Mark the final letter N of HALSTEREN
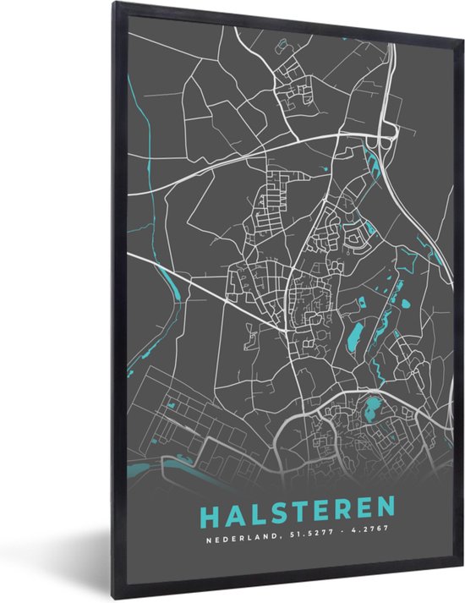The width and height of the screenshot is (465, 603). pos(382,507)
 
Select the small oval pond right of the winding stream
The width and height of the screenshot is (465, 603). pos(405,303)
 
